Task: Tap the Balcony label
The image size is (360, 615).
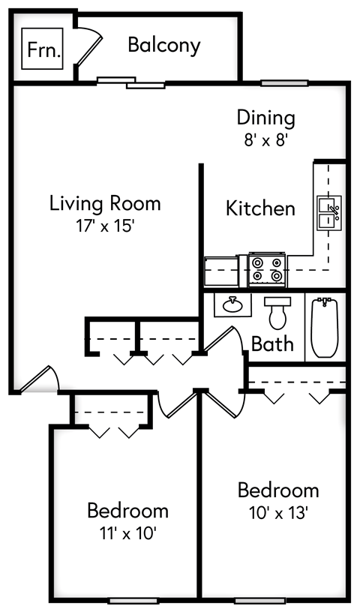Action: coord(163,45)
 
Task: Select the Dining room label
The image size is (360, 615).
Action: coord(265,118)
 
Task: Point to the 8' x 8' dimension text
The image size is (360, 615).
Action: coord(265,139)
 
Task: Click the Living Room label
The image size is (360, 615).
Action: coord(105,202)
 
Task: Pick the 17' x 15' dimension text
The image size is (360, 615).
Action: coord(105,225)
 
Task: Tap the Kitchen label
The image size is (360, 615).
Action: coord(260,208)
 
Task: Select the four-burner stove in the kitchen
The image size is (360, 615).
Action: coord(268,270)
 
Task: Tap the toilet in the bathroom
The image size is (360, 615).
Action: coord(277,312)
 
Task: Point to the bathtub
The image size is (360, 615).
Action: coord(325,328)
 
